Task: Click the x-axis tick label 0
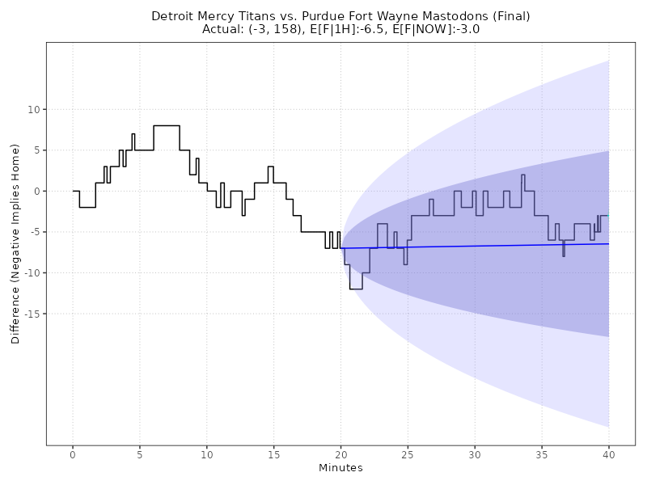click(x=73, y=455)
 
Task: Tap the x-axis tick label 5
click(x=140, y=455)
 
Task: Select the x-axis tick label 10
click(x=207, y=455)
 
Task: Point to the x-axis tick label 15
click(x=273, y=455)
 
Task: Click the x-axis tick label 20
click(x=340, y=455)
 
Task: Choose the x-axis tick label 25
click(x=408, y=455)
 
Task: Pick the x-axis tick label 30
click(x=475, y=455)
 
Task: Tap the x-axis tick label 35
click(x=542, y=455)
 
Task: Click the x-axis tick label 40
click(x=608, y=455)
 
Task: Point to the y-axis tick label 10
click(x=34, y=109)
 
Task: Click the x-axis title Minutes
click(x=340, y=468)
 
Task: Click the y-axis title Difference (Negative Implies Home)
click(x=15, y=244)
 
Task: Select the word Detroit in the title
click(x=172, y=16)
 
